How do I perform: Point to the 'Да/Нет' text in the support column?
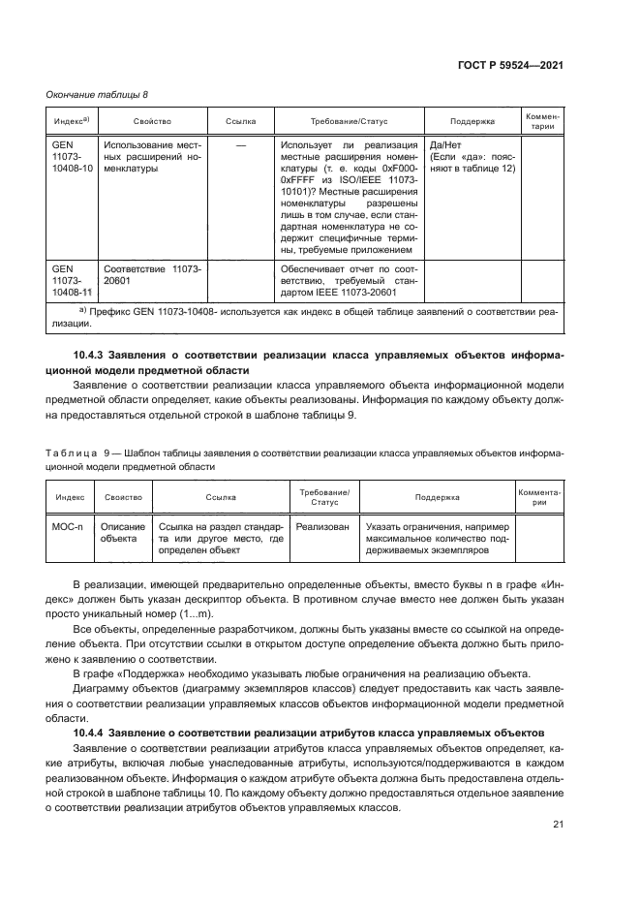pyautogui.click(x=444, y=142)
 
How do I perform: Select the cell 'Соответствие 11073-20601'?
pyautogui.click(x=146, y=274)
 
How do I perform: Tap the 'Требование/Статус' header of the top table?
pyautogui.click(x=348, y=121)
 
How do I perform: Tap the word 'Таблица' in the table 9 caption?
pyautogui.click(x=71, y=453)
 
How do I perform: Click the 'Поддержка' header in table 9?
pyautogui.click(x=438, y=497)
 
